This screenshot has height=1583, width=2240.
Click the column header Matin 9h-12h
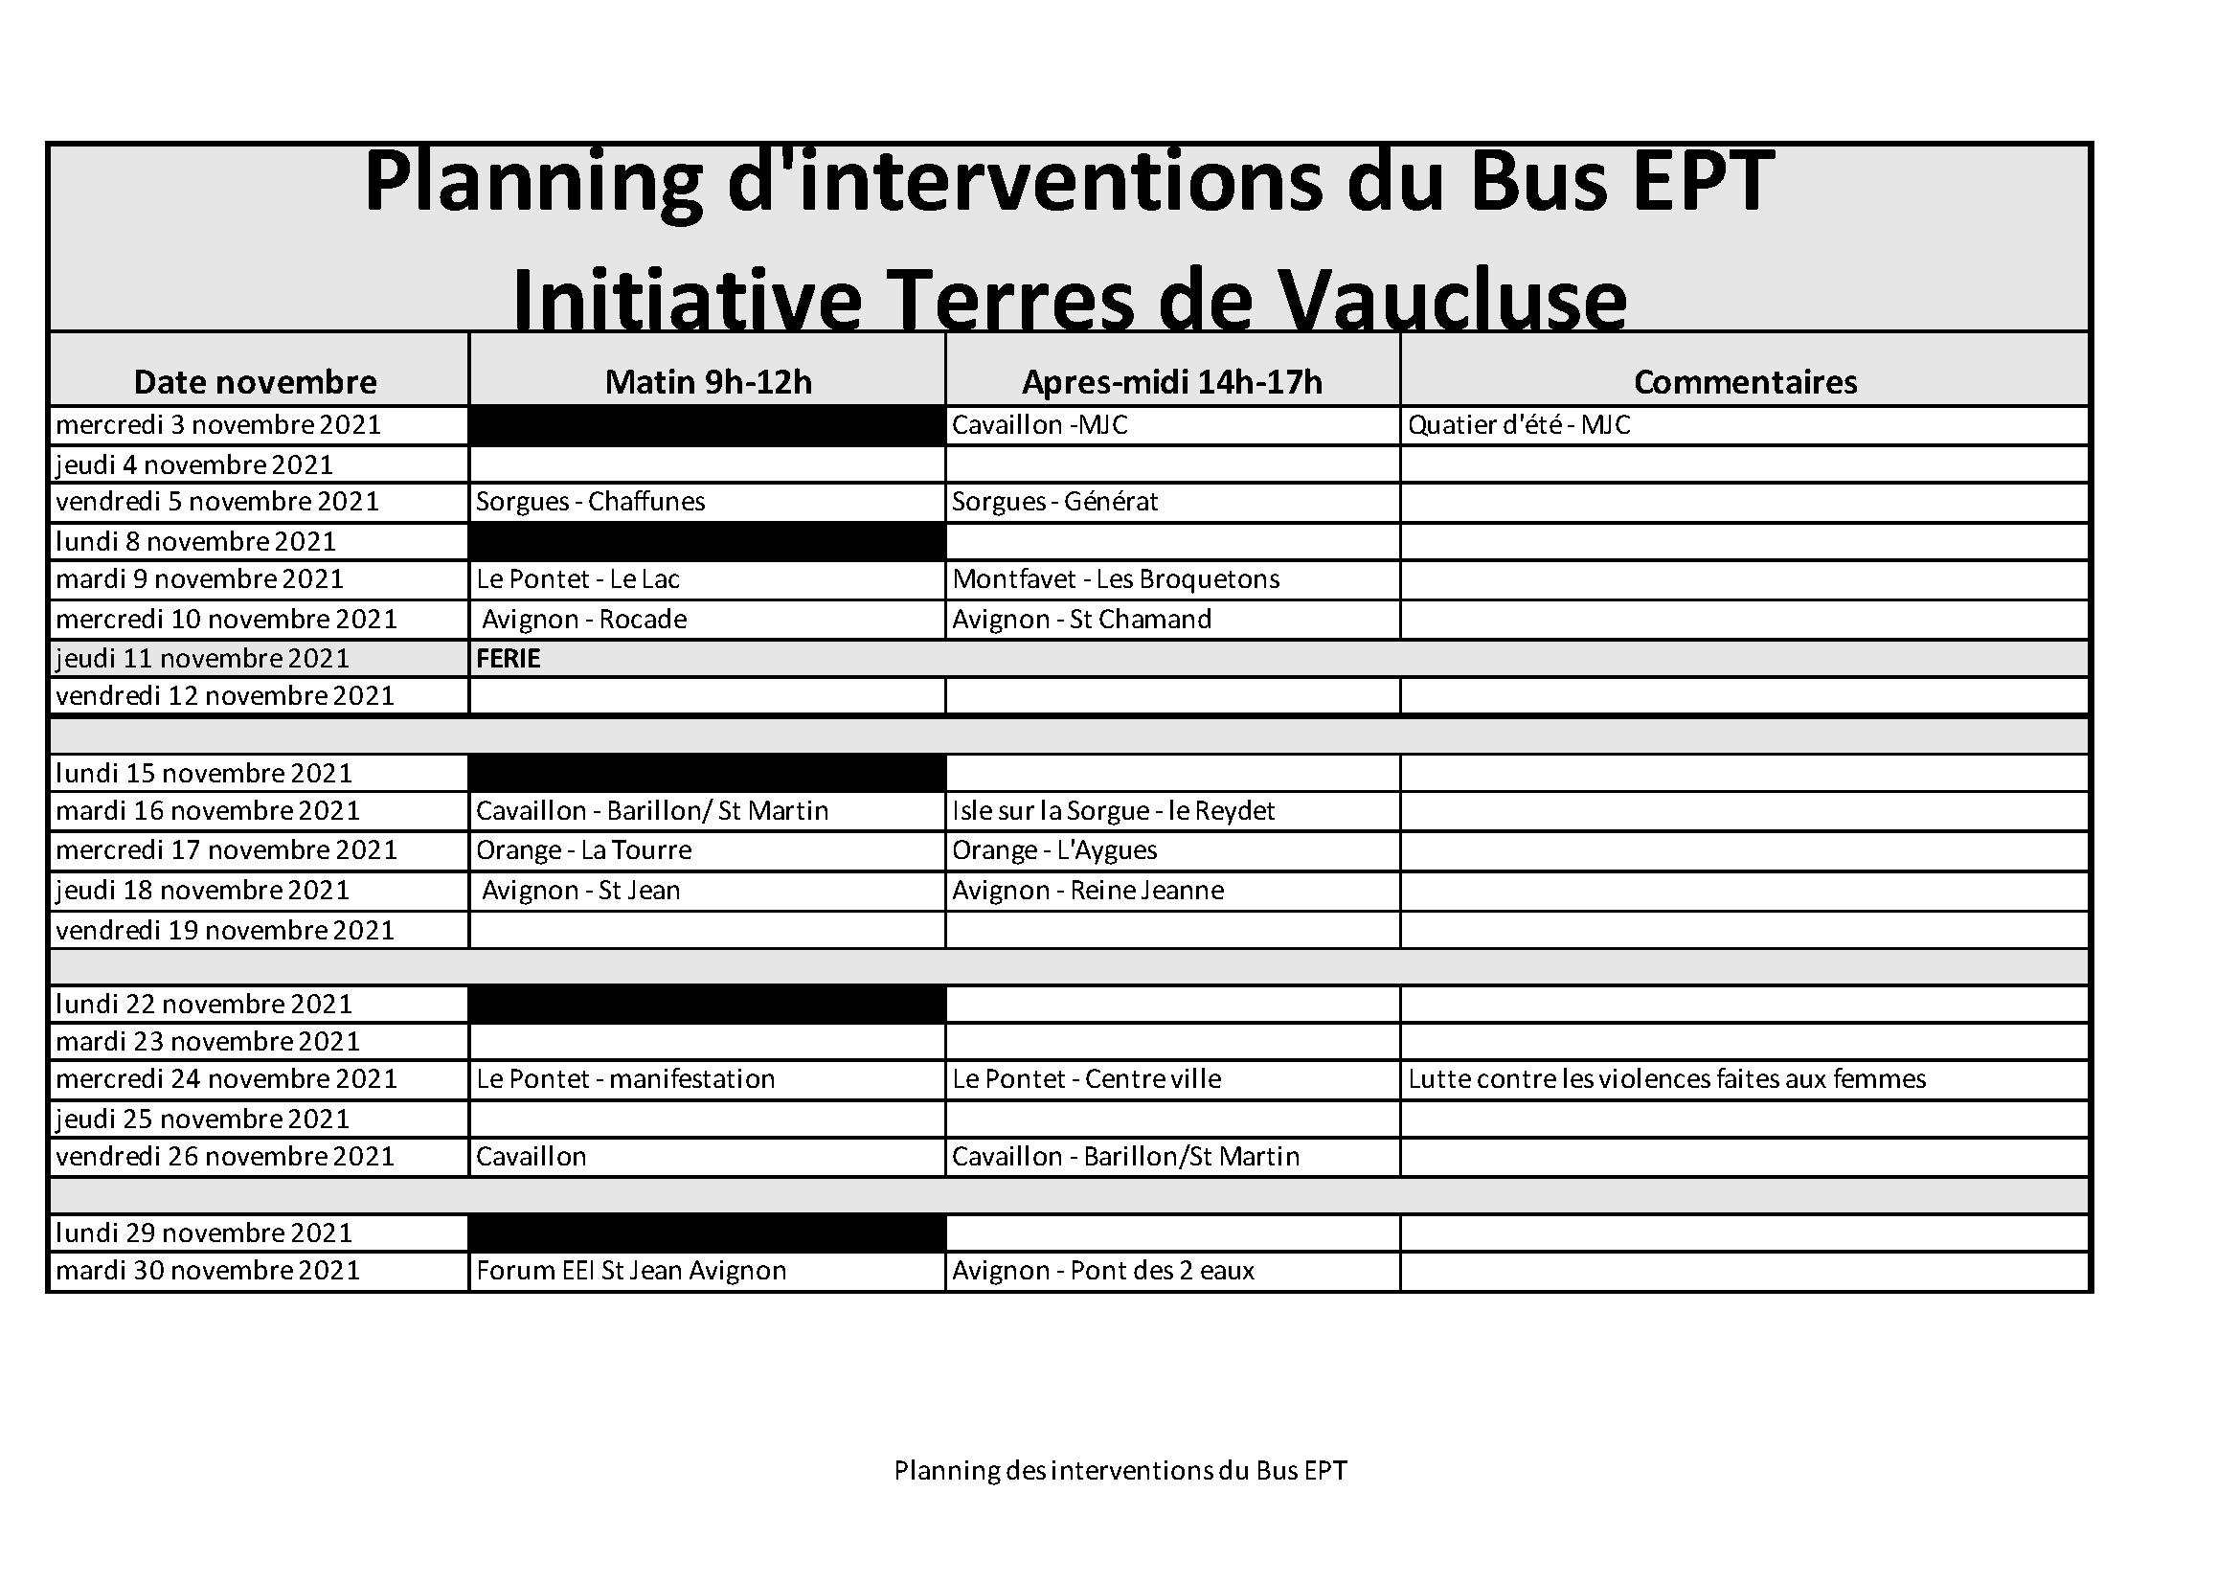709,381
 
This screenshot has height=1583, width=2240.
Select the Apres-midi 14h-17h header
1171,381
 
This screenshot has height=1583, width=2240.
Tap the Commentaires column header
1746,381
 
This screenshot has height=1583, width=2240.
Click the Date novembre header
256,381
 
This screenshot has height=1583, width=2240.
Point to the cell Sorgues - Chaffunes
590,502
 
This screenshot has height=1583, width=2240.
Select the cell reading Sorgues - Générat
1054,502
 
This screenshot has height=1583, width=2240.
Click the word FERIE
509,658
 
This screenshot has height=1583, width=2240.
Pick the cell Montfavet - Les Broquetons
1116,579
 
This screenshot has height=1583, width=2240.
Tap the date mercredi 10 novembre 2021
226,620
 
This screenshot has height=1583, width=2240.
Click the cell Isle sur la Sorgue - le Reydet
1113,810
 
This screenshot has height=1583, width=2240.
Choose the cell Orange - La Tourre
583,850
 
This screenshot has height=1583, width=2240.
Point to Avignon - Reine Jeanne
1088,891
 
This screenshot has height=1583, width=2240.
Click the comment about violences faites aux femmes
1667,1078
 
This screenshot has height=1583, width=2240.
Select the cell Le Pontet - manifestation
625,1078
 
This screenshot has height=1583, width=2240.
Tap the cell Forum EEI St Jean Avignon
631,1271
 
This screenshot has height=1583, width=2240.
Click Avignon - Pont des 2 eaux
1103,1271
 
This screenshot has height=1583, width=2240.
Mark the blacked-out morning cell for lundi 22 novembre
708,1004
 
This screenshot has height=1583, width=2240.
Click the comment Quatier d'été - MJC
1519,425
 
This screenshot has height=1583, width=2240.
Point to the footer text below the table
1120,1471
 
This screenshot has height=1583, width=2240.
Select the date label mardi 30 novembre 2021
208,1271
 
